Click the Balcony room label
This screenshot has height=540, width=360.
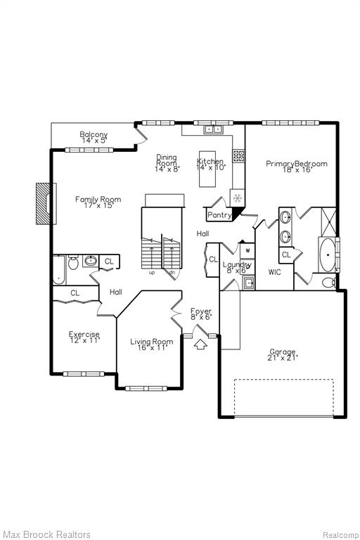[94, 134]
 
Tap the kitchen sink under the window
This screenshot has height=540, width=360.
[214, 129]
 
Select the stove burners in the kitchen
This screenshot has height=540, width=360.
[238, 155]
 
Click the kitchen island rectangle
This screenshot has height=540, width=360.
[207, 169]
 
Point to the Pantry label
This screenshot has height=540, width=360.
[219, 215]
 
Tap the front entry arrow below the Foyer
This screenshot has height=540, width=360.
[201, 345]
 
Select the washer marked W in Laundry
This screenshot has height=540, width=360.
[247, 251]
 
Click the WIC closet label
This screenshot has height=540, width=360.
[274, 272]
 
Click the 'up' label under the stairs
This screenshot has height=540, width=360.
[152, 273]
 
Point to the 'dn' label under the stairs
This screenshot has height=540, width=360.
[172, 272]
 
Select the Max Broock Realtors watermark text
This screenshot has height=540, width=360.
[46, 534]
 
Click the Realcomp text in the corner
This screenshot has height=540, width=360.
[341, 535]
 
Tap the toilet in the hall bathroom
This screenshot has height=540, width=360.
[73, 262]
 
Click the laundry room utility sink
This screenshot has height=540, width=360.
[249, 283]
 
